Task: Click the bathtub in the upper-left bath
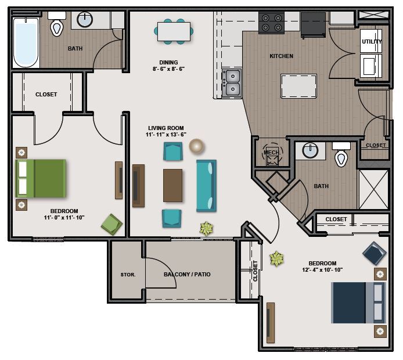point(26,42)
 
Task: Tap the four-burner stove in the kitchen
point(272,23)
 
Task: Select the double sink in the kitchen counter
point(232,82)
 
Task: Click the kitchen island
point(298,86)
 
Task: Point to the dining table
point(174,31)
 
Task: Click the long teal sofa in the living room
point(206,186)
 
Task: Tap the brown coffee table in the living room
point(172,185)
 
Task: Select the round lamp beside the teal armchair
point(196,146)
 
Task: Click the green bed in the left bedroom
point(41,178)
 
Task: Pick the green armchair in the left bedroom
point(111,224)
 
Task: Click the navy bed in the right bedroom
point(358,303)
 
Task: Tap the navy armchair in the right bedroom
point(375,253)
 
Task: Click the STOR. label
point(128,275)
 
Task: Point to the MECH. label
point(272,153)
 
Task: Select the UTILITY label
point(372,42)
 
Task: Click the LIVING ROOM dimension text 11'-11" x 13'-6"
point(166,134)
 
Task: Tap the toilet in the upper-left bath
point(57,24)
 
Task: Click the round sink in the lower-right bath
point(310,150)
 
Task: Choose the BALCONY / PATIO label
point(187,275)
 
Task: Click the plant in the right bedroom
point(276,259)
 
